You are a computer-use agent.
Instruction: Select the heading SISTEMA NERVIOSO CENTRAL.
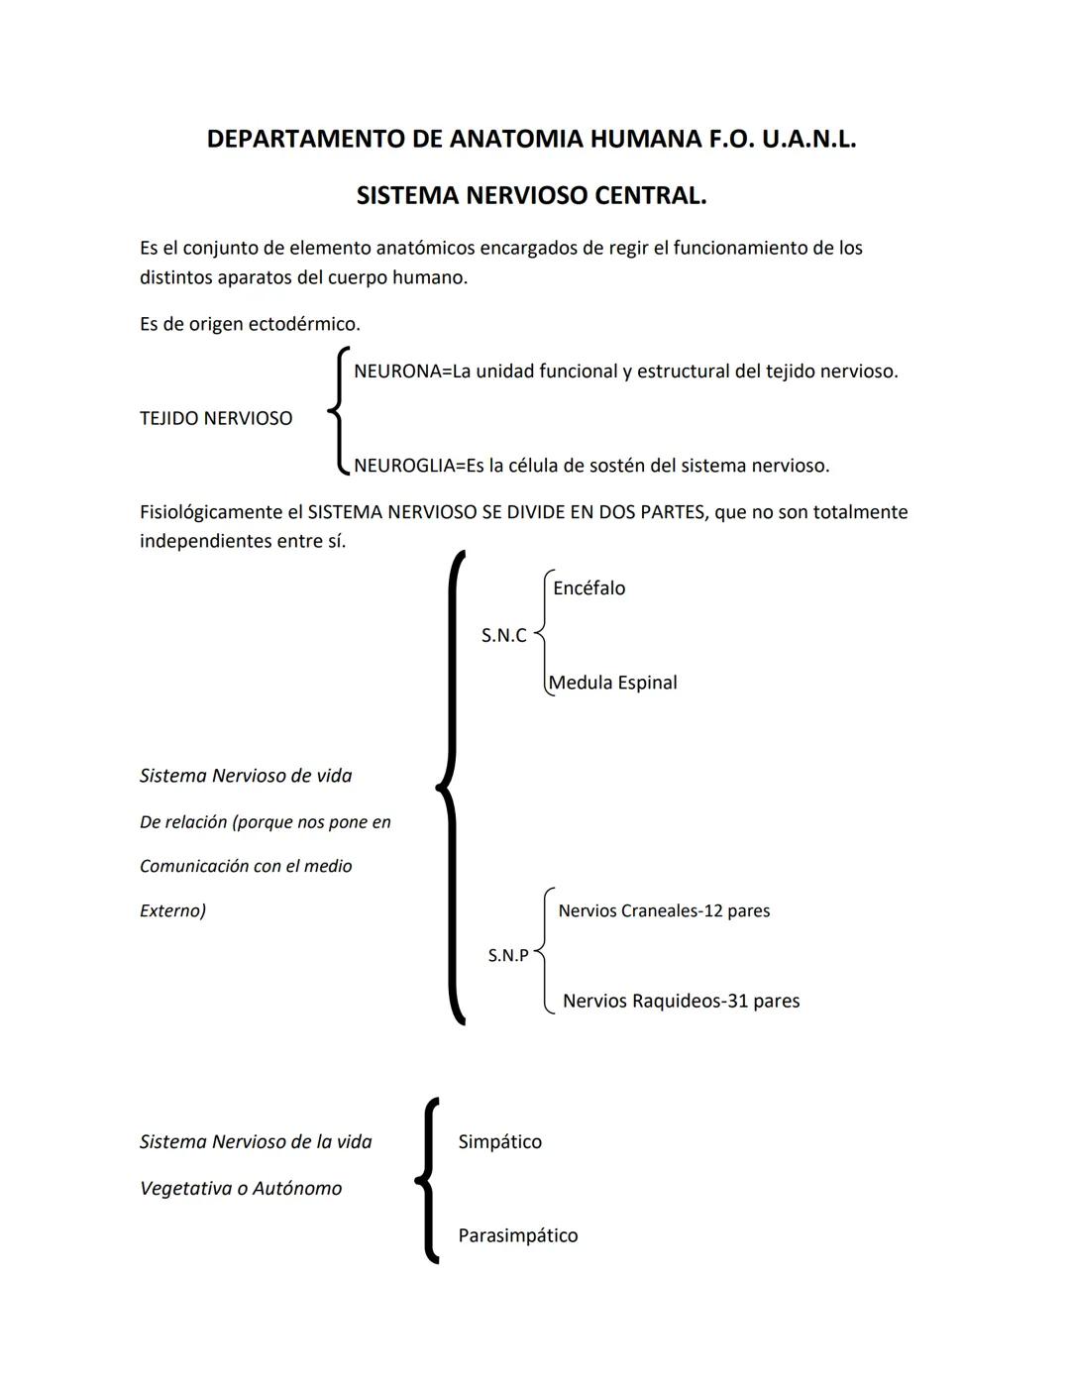[x=531, y=195]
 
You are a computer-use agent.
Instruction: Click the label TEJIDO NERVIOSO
[x=216, y=418]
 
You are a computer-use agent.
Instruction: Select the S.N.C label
[x=503, y=636]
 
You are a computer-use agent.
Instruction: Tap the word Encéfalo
[x=588, y=588]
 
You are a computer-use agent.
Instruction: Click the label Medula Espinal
[x=613, y=683]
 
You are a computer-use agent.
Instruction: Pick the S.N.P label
[x=508, y=956]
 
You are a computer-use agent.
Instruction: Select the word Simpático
[x=499, y=1142]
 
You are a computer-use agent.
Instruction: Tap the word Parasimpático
[x=517, y=1235]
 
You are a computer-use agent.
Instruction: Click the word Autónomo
[x=297, y=1189]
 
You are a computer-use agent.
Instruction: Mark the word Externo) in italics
[x=172, y=910]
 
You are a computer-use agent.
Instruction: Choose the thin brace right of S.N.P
[x=544, y=951]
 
